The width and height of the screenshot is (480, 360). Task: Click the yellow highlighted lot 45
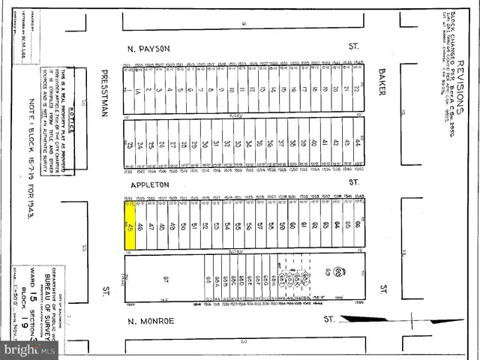(130, 226)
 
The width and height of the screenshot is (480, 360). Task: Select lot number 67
(166, 280)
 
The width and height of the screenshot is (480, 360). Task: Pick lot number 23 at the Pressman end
(130, 144)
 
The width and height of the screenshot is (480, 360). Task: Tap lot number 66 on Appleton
(358, 225)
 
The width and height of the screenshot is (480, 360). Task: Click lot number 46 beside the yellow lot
(141, 226)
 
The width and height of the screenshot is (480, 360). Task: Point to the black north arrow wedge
(360, 319)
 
